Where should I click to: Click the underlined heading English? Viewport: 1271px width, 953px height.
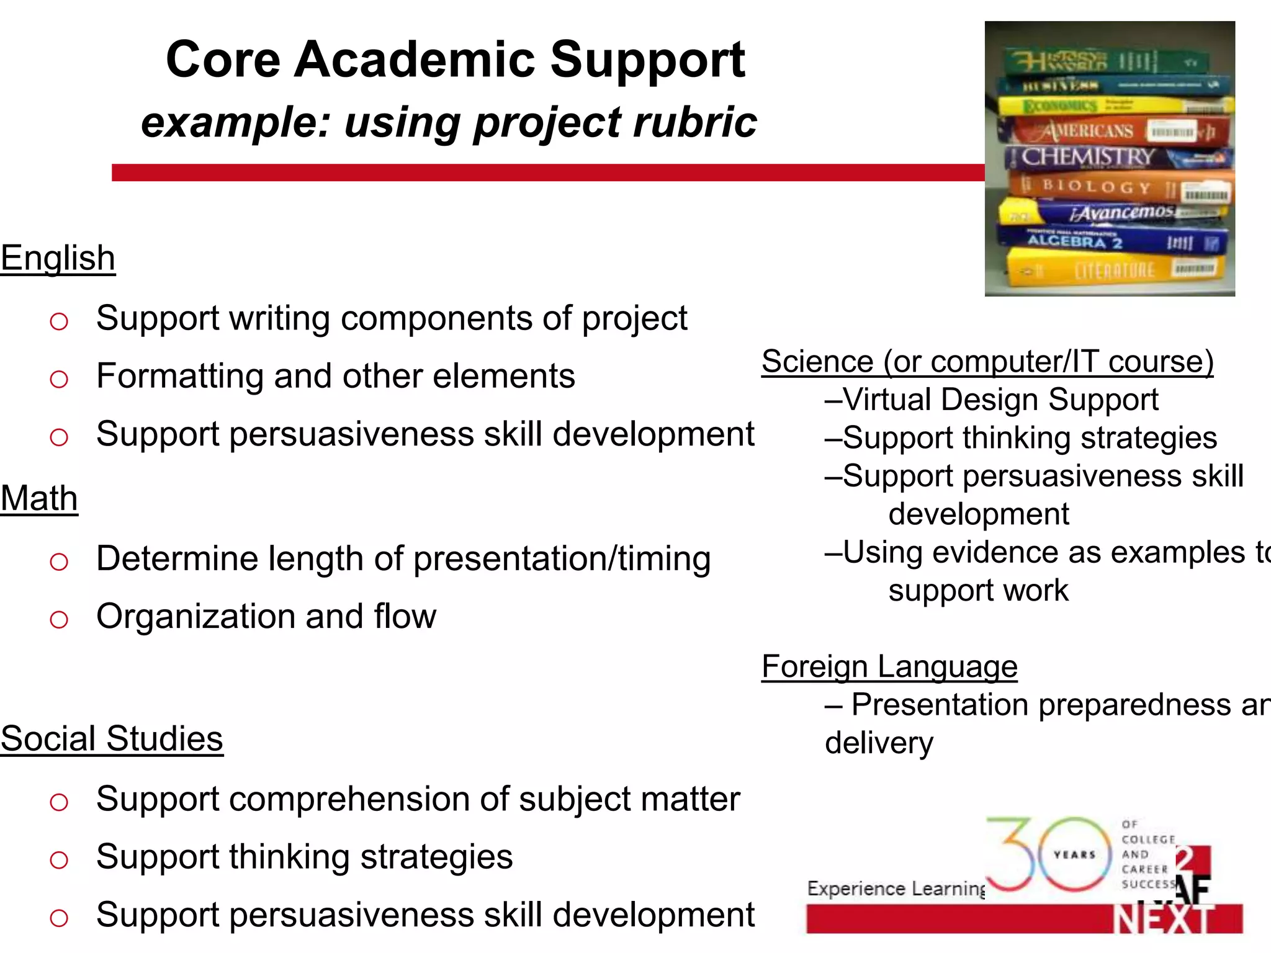click(x=58, y=258)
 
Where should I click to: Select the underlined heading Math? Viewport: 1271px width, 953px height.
click(x=39, y=498)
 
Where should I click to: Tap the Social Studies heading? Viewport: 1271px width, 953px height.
click(x=112, y=739)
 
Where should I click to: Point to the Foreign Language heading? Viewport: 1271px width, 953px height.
click(x=889, y=667)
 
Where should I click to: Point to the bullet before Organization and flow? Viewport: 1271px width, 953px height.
click(x=59, y=619)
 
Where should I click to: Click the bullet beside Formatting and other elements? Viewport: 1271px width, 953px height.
click(x=59, y=378)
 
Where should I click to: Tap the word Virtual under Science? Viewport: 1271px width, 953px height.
click(x=887, y=400)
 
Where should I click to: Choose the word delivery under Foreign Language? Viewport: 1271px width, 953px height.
click(x=879, y=743)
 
